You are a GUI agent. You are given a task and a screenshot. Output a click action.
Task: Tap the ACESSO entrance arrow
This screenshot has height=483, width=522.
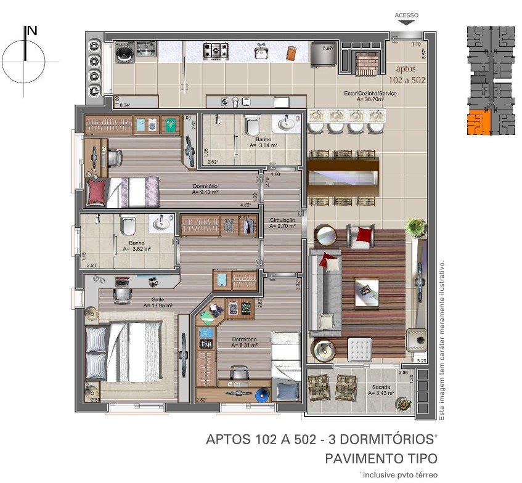pyautogui.click(x=406, y=22)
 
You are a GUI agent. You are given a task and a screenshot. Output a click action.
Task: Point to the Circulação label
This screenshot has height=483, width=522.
pyautogui.click(x=283, y=220)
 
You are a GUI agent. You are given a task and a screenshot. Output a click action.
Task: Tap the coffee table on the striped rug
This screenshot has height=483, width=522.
pyautogui.click(x=366, y=289)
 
